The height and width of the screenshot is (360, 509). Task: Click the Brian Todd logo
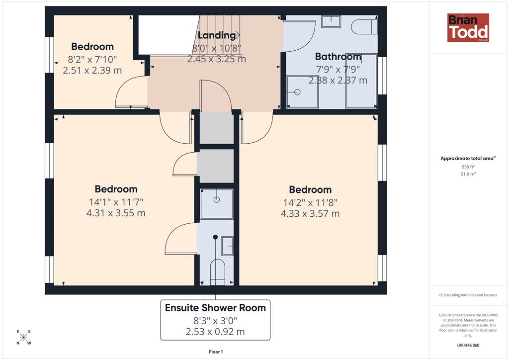pyautogui.click(x=468, y=27)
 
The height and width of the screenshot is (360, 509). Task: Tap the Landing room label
pyautogui.click(x=217, y=35)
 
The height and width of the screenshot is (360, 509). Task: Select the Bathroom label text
pyautogui.click(x=338, y=57)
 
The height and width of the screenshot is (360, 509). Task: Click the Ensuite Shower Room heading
pyautogui.click(x=215, y=308)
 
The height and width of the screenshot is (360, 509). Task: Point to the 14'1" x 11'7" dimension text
pyautogui.click(x=116, y=202)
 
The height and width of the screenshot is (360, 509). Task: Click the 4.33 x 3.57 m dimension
pyautogui.click(x=310, y=214)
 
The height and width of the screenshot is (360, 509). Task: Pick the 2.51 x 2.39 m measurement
pyautogui.click(x=92, y=70)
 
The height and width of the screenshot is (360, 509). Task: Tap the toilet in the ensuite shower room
pyautogui.click(x=218, y=272)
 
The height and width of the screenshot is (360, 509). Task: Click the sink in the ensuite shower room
pyautogui.click(x=227, y=246)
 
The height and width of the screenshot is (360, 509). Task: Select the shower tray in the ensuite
pyautogui.click(x=217, y=204)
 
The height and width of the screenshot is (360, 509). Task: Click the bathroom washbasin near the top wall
pyautogui.click(x=331, y=21)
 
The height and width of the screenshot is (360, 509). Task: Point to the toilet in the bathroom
pyautogui.click(x=364, y=27)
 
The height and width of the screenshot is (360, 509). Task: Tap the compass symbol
pyautogui.click(x=24, y=337)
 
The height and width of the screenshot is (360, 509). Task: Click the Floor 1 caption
pyautogui.click(x=216, y=352)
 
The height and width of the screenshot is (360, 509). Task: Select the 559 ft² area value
pyautogui.click(x=468, y=167)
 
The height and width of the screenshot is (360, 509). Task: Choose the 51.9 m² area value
pyautogui.click(x=468, y=174)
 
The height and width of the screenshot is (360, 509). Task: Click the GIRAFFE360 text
pyautogui.click(x=468, y=345)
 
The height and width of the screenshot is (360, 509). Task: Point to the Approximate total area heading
pyautogui.click(x=468, y=159)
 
